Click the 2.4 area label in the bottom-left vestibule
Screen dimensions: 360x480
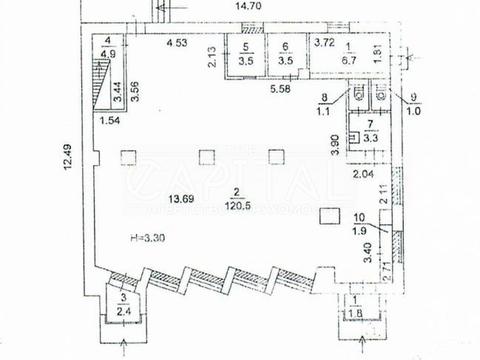click(123, 310)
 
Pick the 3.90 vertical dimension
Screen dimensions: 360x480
click(335, 153)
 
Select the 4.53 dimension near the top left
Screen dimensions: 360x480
click(177, 42)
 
